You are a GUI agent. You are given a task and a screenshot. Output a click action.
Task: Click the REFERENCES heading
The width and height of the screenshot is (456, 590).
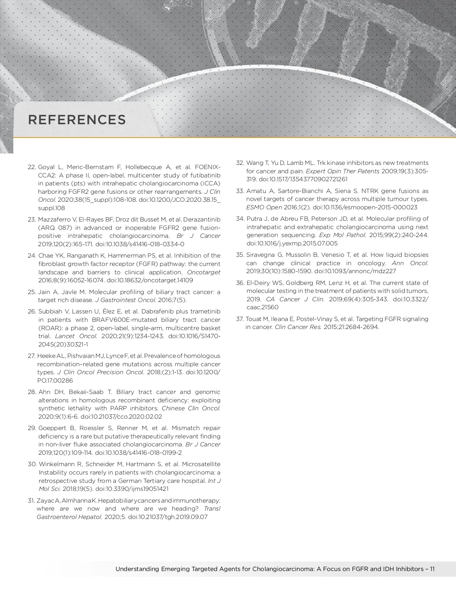77,120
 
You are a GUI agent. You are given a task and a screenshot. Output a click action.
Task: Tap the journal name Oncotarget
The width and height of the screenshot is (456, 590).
204,272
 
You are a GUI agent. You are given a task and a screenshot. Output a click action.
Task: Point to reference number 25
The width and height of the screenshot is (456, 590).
32,292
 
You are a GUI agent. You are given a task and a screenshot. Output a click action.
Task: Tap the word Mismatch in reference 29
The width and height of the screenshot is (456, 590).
186,428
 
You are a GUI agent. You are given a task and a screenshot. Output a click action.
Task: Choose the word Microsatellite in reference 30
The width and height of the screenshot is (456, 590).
201,464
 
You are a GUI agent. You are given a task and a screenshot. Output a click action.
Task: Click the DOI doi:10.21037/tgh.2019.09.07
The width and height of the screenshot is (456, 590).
168,517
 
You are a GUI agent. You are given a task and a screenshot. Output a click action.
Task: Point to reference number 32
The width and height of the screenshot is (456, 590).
240,163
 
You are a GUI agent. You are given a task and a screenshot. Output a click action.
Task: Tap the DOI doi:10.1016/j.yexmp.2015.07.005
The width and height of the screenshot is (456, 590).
292,243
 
